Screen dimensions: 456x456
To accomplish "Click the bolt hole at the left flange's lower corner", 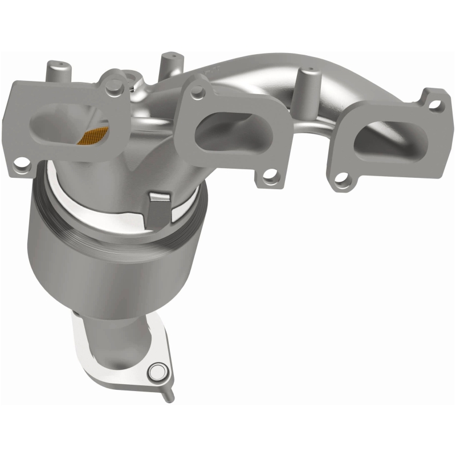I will [x=21, y=168].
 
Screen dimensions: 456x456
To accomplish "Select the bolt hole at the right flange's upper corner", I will [x=437, y=104].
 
